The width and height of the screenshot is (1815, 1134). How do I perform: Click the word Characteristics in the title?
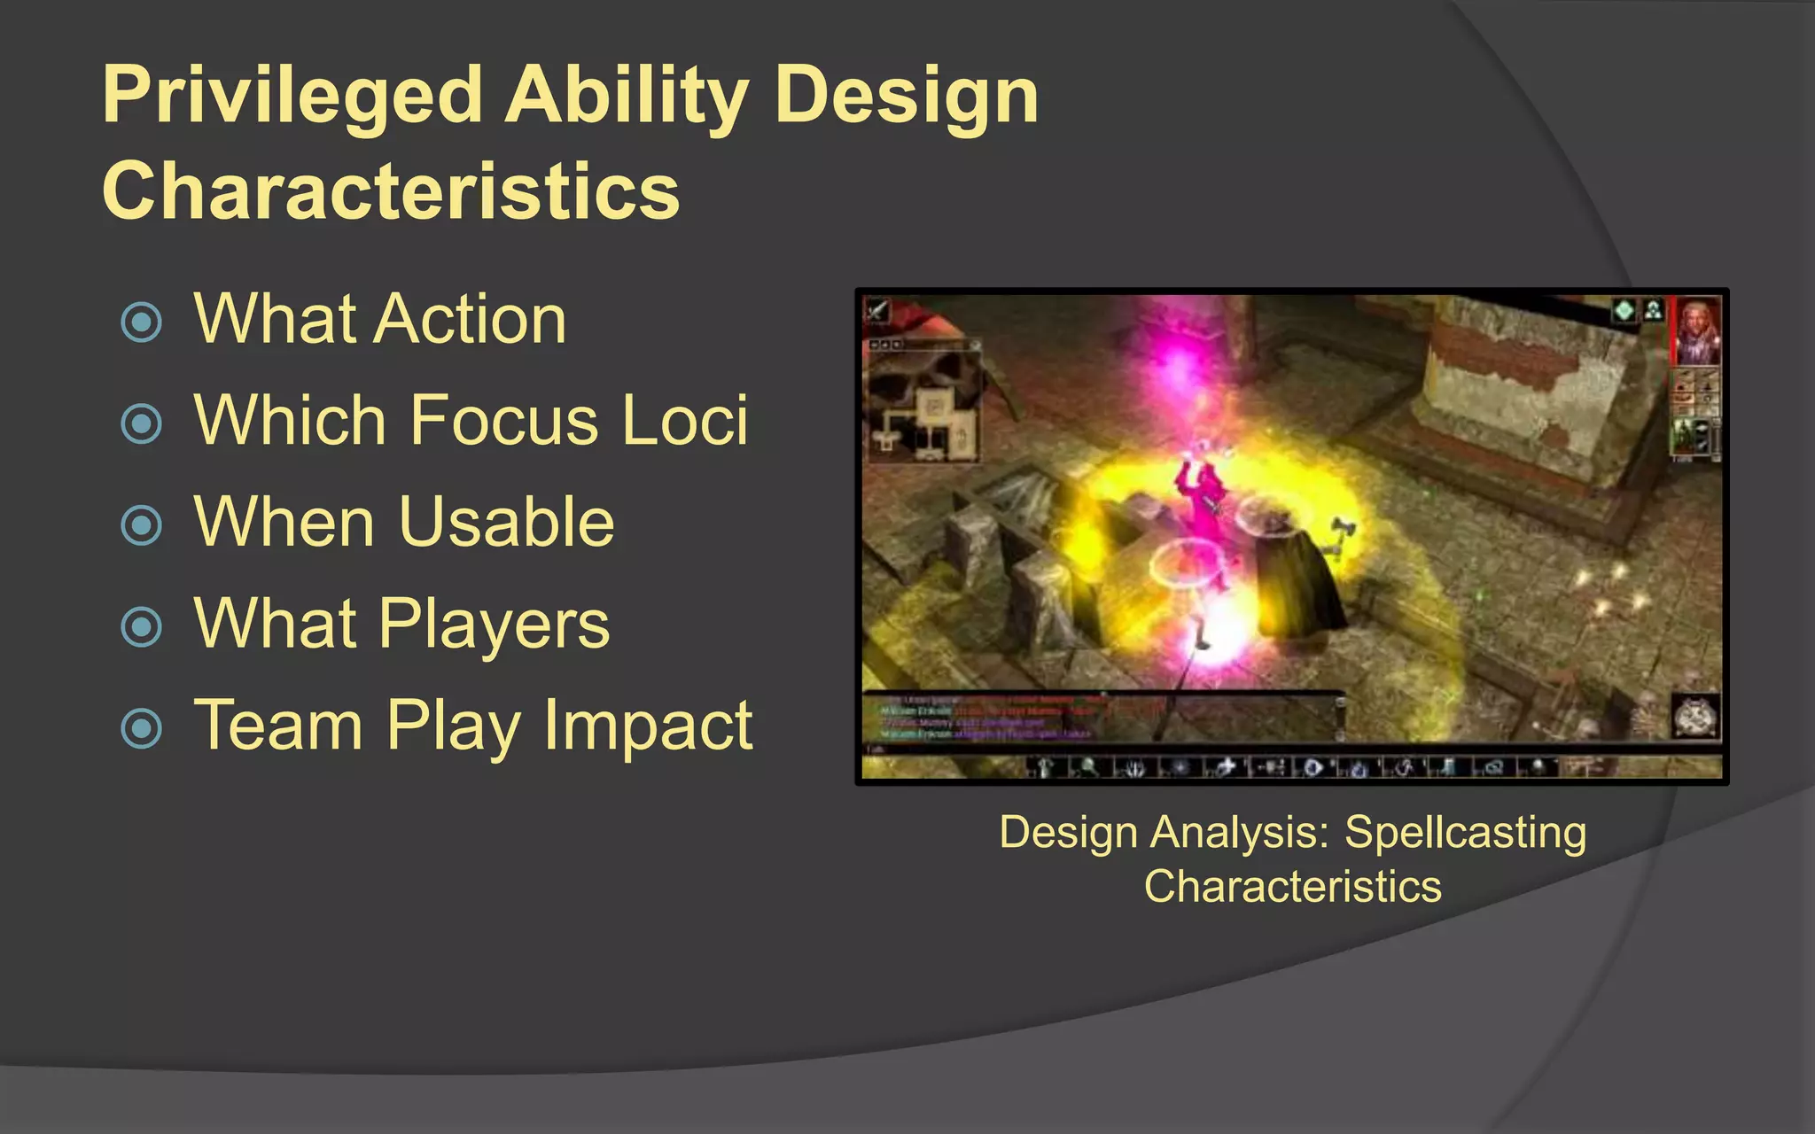(x=391, y=191)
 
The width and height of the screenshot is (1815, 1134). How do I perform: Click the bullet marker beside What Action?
(x=142, y=322)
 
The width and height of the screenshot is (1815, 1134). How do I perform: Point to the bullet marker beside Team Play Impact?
(x=142, y=728)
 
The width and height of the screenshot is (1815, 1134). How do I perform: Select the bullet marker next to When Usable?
(x=142, y=525)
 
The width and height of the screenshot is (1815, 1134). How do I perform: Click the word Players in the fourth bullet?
(x=495, y=625)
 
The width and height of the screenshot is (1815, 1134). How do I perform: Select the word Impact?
(x=648, y=726)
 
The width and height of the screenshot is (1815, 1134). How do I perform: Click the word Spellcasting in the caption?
(x=1465, y=833)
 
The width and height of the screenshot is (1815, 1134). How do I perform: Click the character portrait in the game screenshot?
(x=1696, y=331)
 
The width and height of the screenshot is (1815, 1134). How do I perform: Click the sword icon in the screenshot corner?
(x=877, y=310)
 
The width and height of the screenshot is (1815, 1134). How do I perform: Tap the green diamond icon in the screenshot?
(x=1624, y=311)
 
